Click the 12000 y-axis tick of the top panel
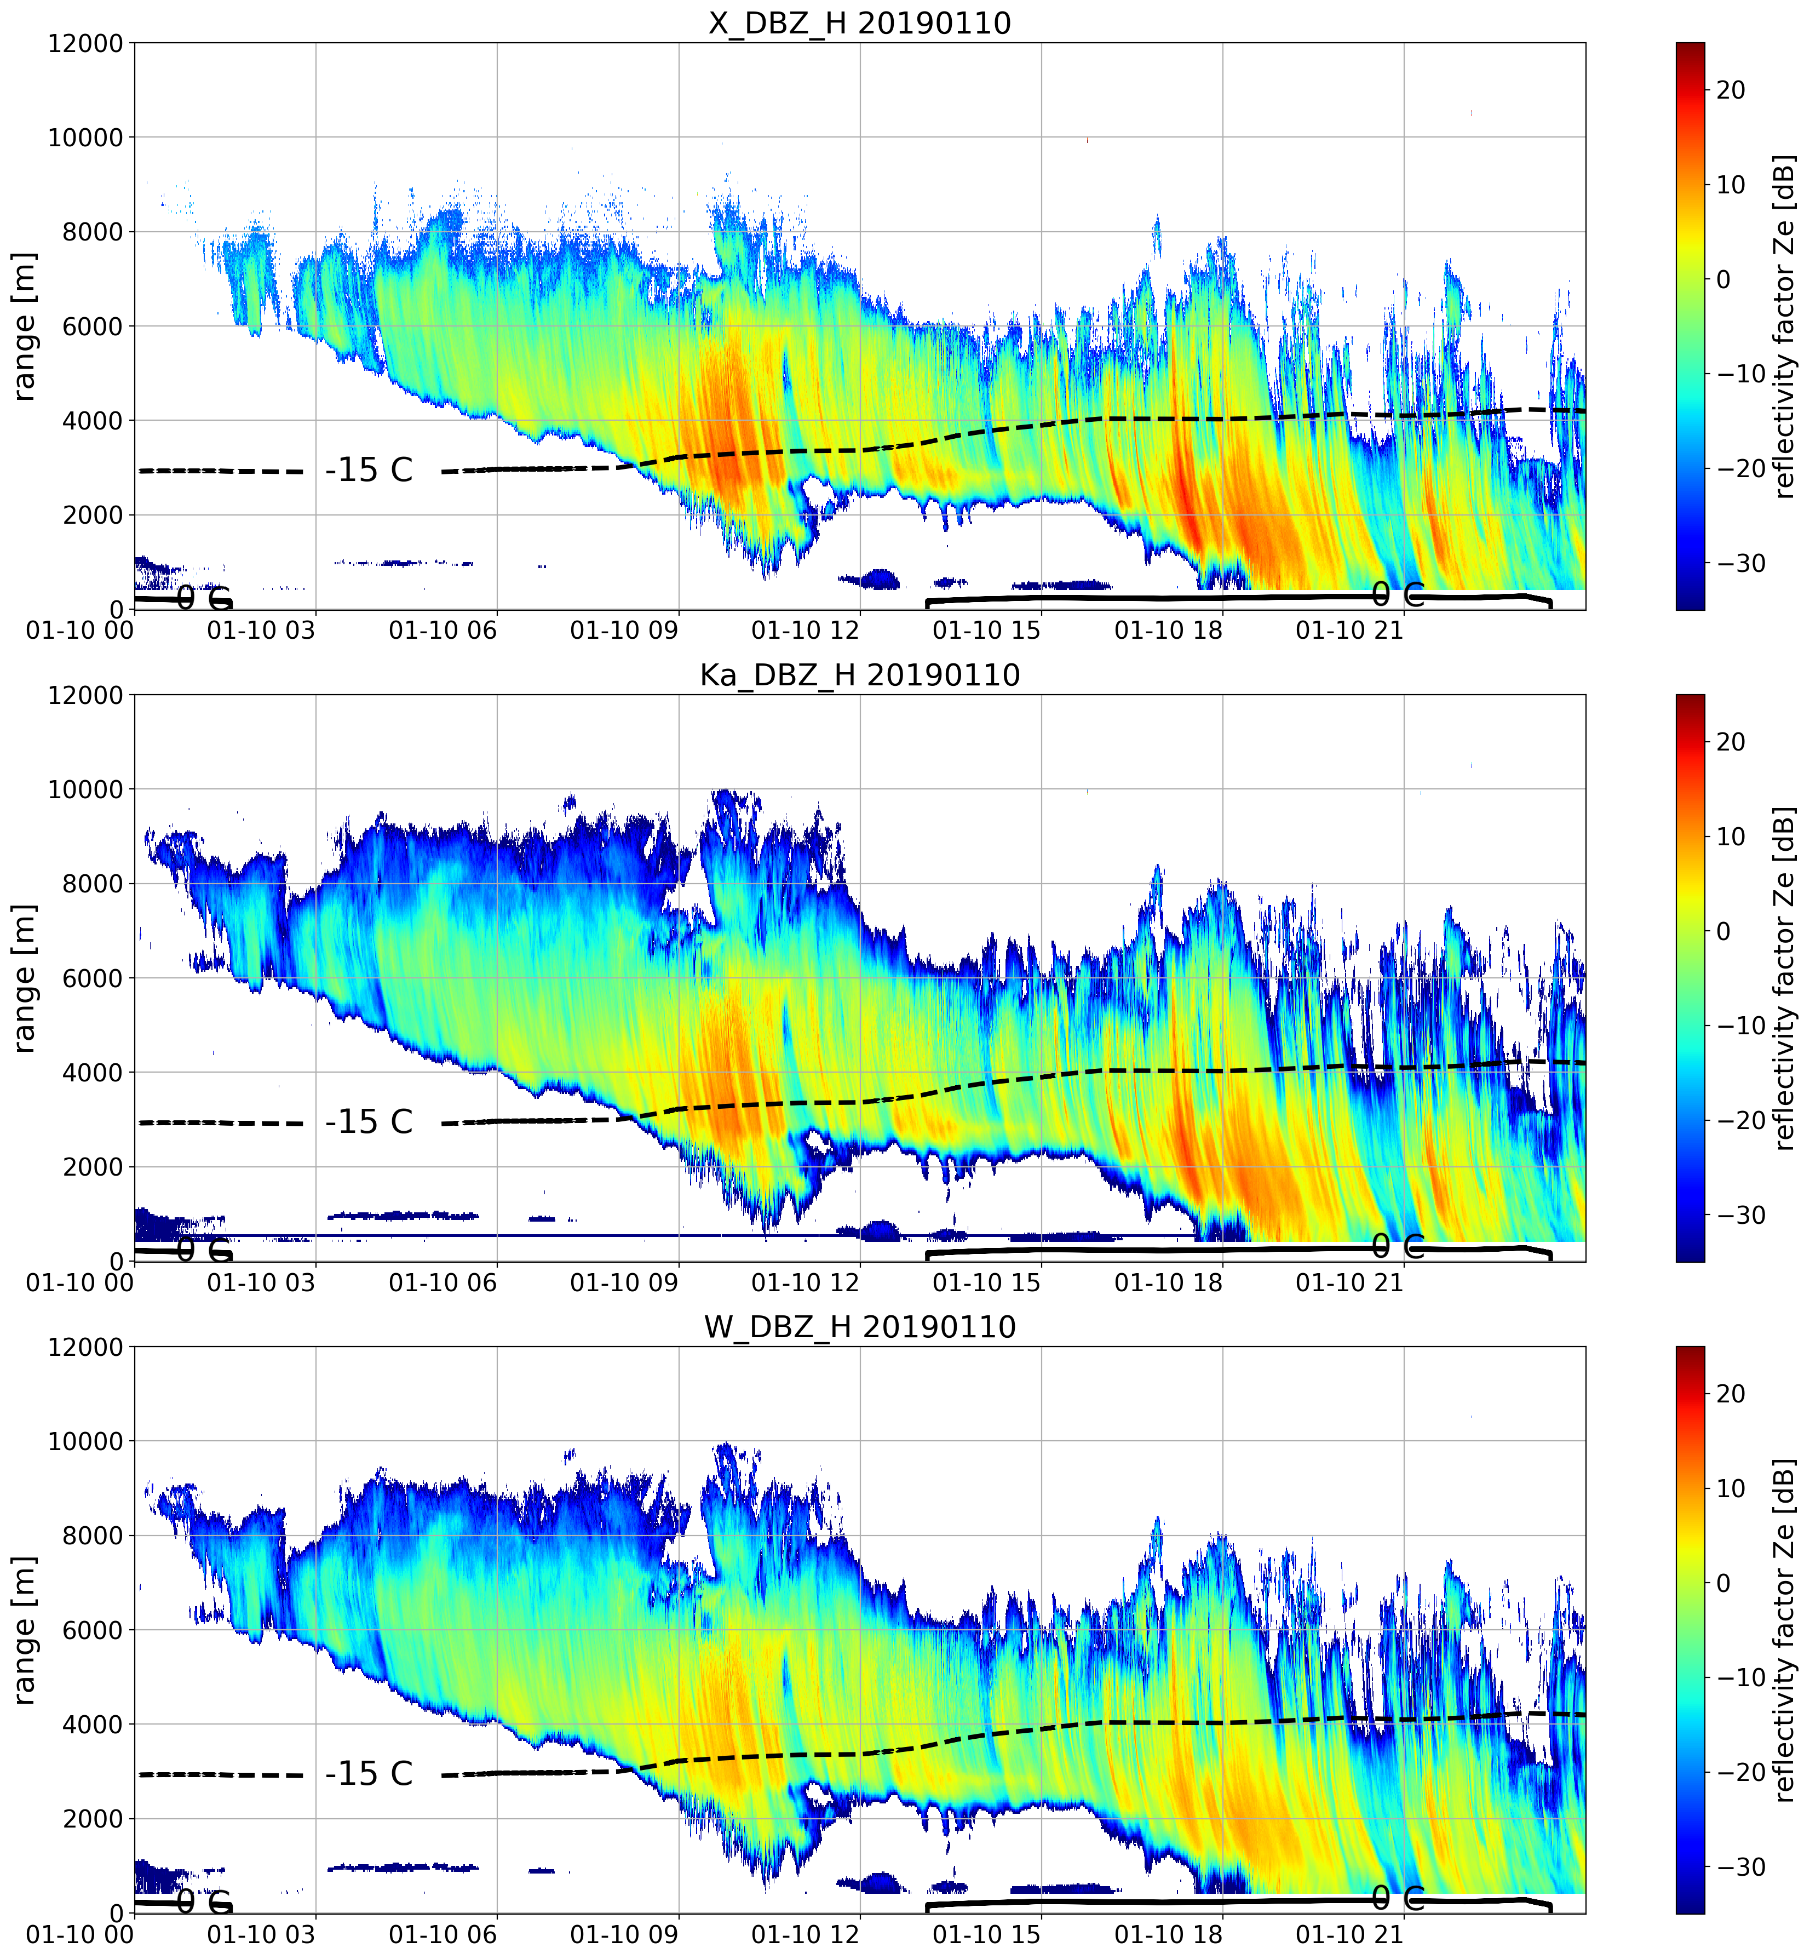86,44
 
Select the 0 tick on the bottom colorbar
1724,1583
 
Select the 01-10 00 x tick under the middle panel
81,1282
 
